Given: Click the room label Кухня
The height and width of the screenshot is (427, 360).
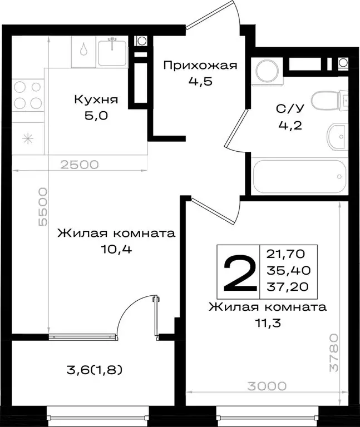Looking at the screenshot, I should tap(96, 100).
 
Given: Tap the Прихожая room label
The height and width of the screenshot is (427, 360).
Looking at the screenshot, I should tap(200, 66).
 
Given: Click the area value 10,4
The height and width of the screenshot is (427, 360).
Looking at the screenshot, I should tap(116, 249).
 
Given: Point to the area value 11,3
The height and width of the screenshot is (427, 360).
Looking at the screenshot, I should tap(267, 322).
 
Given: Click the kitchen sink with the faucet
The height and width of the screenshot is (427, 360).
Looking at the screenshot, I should tap(114, 52).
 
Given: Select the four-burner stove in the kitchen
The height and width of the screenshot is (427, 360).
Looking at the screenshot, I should tap(27, 95).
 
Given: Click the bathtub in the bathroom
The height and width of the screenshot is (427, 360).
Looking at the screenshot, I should tap(300, 177).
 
